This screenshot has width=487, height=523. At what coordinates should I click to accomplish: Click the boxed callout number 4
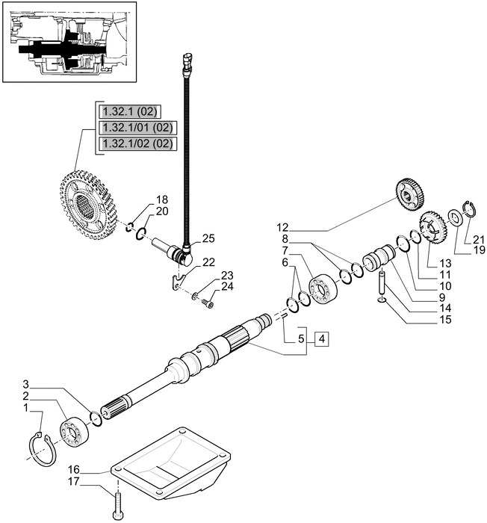322,339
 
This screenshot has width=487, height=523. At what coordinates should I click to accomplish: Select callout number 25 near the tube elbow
208,238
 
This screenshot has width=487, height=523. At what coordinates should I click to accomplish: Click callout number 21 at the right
468,238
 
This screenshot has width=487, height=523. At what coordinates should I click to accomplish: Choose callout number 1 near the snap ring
26,409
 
